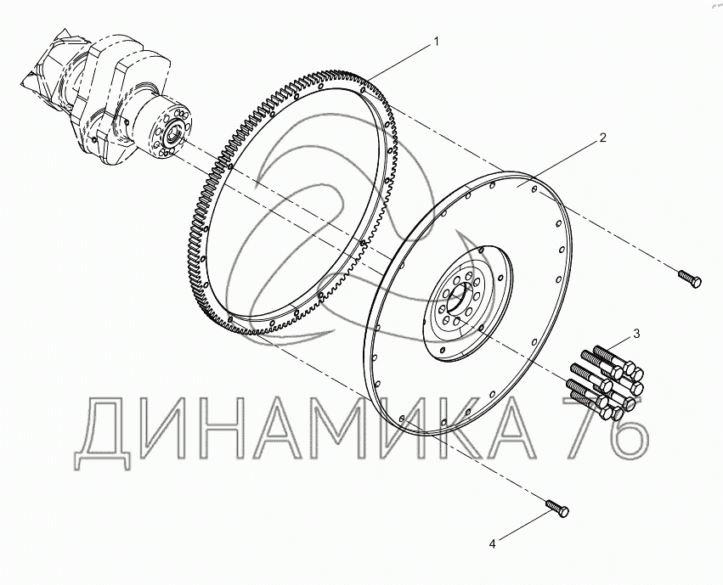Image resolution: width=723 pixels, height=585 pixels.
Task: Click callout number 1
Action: click(x=436, y=42)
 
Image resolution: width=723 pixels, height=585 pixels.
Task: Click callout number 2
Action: click(x=603, y=138)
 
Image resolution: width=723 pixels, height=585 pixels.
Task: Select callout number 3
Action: click(x=636, y=334)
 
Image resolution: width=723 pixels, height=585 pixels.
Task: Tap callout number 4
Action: click(x=493, y=544)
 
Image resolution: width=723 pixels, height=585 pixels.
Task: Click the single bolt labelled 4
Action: click(x=557, y=508)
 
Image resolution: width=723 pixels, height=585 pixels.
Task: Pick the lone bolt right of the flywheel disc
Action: click(x=690, y=278)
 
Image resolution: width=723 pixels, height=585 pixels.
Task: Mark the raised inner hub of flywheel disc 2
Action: click(x=467, y=304)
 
